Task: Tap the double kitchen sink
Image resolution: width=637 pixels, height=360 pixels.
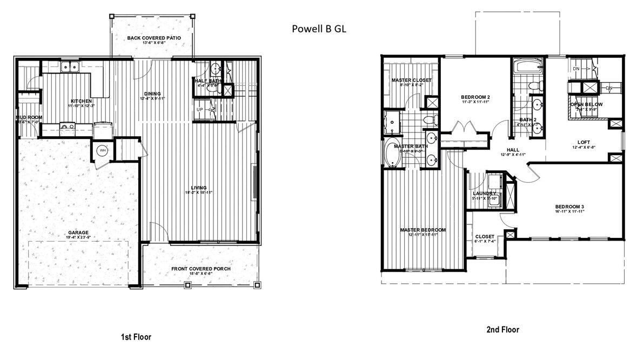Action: click(71, 68)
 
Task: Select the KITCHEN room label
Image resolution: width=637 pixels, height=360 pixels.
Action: click(81, 101)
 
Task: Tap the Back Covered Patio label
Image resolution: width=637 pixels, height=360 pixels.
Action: click(153, 38)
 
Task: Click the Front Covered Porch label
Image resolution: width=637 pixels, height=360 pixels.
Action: click(200, 269)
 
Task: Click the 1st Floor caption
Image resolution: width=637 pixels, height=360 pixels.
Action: click(136, 337)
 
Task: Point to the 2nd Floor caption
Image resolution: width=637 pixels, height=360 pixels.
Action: click(503, 329)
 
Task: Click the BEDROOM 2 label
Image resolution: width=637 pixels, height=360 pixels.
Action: click(475, 97)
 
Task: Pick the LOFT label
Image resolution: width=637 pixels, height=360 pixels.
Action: click(584, 142)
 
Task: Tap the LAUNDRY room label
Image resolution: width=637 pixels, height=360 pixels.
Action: click(484, 193)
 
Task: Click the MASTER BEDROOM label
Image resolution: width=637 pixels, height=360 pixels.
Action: click(423, 230)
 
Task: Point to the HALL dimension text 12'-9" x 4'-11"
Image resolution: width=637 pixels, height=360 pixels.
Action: click(513, 155)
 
